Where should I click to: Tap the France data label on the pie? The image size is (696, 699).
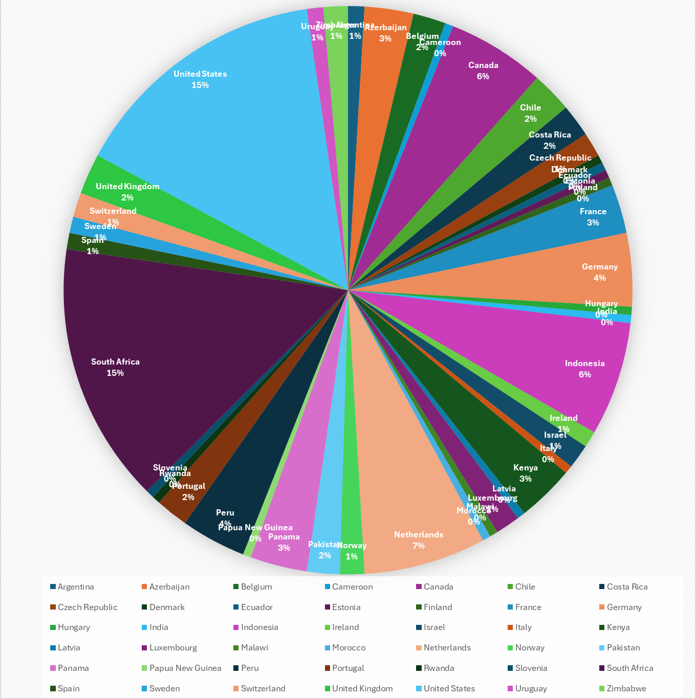tap(593, 212)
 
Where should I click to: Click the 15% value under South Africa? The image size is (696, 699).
tap(115, 373)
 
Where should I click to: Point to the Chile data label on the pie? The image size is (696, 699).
tap(530, 108)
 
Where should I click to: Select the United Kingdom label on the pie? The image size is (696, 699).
tap(127, 187)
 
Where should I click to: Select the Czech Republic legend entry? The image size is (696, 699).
tap(88, 607)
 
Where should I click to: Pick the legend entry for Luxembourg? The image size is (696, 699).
tap(173, 647)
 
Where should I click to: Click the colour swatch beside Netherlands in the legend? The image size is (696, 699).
tap(419, 647)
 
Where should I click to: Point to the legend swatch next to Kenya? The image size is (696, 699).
tap(602, 627)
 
